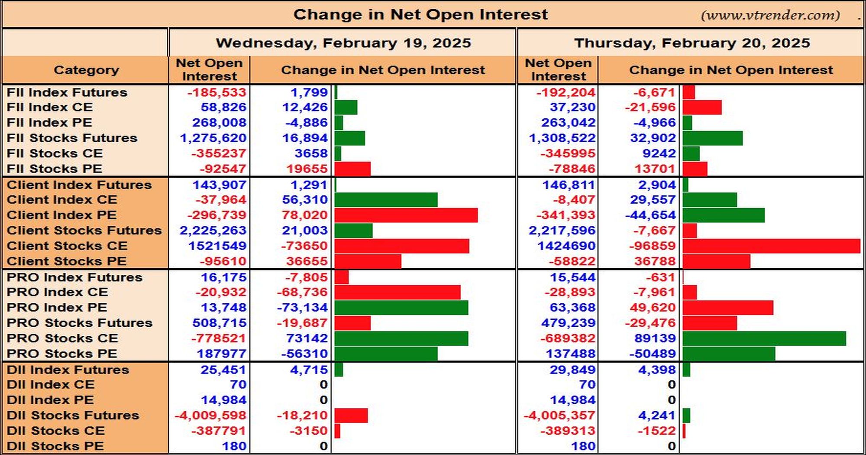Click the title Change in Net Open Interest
[420, 15]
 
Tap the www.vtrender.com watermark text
[770, 15]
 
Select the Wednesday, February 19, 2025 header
[343, 43]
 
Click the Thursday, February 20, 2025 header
[692, 43]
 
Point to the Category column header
[86, 70]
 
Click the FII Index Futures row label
[67, 92]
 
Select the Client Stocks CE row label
[67, 246]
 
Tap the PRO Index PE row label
[57, 307]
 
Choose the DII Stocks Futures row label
[73, 415]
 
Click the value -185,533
[216, 92]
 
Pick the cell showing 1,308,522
[562, 138]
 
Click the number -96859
[652, 246]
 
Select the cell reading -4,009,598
[210, 415]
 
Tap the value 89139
[655, 338]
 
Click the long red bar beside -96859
[771, 246]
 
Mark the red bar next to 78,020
[406, 215]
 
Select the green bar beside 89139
[764, 338]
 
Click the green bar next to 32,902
[713, 138]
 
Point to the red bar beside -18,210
[351, 415]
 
